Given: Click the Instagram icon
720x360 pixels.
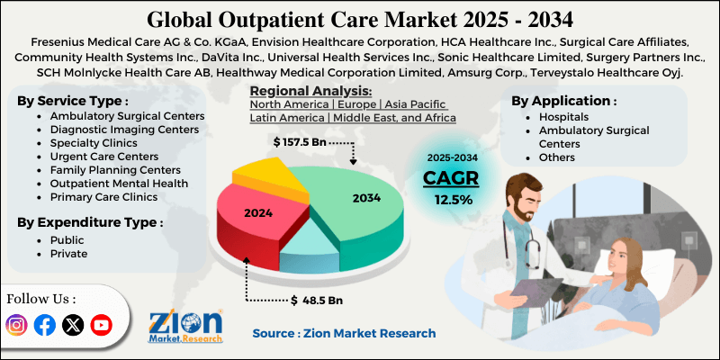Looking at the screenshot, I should click(16, 325).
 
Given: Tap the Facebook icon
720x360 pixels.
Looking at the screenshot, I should click(44, 325).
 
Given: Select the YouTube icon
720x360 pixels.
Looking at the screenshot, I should click(101, 325).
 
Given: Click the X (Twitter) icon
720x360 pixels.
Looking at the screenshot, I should click(73, 325).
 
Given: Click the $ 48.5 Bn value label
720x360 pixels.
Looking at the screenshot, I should click(321, 299).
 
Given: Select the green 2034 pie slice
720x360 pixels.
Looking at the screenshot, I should click(351, 198).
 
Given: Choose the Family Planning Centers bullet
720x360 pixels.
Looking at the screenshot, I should click(110, 169).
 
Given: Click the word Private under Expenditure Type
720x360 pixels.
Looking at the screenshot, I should click(68, 254).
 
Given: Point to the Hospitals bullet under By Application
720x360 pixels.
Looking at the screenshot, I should click(563, 117).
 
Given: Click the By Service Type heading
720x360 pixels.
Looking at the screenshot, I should click(71, 100).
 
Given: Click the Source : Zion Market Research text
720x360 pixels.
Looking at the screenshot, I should click(344, 333).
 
